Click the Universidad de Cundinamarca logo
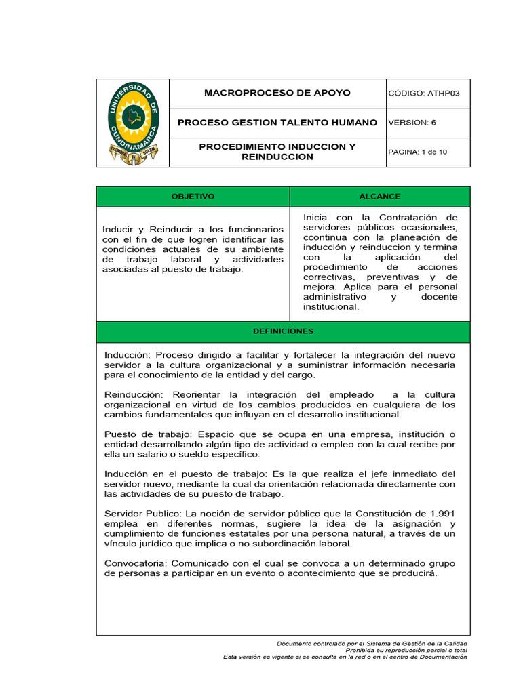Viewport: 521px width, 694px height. pos(133,123)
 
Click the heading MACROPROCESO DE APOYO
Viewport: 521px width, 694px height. pos(277,93)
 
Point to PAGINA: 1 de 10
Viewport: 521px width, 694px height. pos(417,152)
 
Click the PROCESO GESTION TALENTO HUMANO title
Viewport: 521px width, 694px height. pos(277,123)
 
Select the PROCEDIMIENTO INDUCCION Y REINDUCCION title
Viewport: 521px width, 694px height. pos(277,152)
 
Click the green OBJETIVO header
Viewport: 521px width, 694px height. pos(193,197)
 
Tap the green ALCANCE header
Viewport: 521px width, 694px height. pos(379,197)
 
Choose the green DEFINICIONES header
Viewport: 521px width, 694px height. pos(283,331)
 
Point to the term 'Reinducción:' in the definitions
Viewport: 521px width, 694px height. pos(134,394)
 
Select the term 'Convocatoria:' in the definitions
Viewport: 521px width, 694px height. pos(136,563)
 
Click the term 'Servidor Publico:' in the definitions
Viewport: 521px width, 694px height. pos(142,514)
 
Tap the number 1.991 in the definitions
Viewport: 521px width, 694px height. pos(440,514)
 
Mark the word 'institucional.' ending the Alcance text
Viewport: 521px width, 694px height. pos(330,306)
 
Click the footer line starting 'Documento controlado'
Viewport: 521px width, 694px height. pos(372,643)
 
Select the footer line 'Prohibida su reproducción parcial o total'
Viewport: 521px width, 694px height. pos(406,650)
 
